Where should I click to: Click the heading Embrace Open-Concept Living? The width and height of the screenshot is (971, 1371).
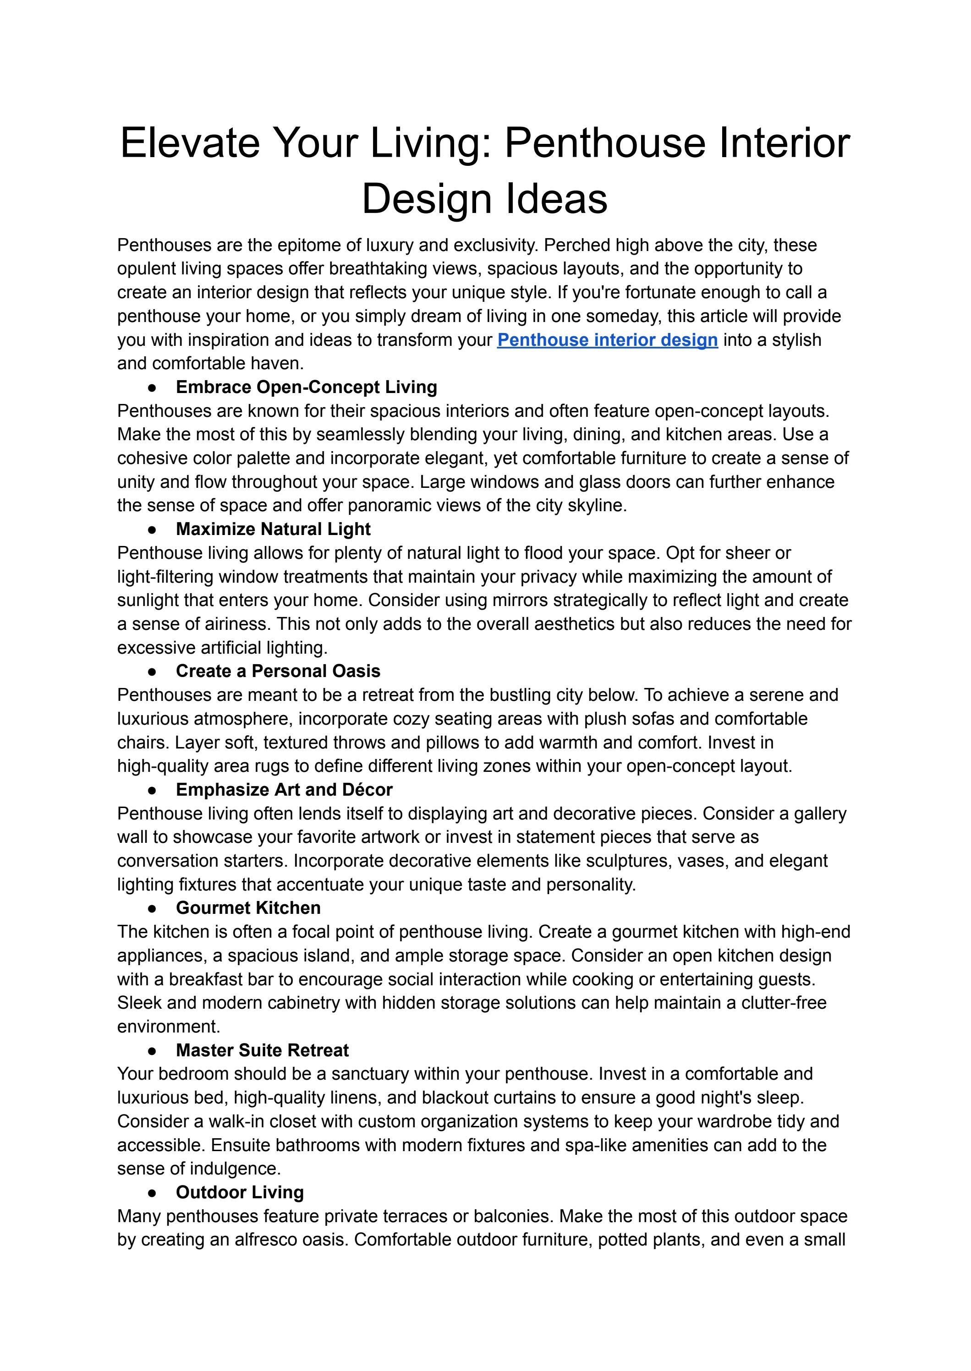coord(306,387)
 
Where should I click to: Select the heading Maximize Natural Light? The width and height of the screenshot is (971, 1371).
coord(273,529)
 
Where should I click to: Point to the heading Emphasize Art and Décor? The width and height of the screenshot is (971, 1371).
coord(284,790)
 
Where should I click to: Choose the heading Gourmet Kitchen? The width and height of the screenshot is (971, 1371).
coord(247,908)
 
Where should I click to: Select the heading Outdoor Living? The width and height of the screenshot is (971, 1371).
coord(239,1192)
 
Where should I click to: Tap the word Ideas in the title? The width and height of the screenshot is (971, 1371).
coord(557,199)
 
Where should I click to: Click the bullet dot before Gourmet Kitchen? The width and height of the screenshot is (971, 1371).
coord(153,908)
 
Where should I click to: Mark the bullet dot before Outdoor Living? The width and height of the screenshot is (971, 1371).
coord(153,1193)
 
